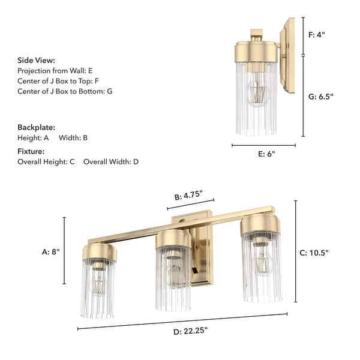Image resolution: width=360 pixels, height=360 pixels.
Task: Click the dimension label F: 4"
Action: click(x=316, y=35)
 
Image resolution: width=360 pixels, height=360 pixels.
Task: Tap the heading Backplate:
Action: click(x=37, y=128)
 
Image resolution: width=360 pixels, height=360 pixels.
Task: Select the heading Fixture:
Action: click(x=32, y=152)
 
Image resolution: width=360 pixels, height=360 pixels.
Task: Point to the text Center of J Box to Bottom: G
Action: click(x=65, y=91)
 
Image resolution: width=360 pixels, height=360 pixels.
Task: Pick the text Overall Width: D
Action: click(x=111, y=162)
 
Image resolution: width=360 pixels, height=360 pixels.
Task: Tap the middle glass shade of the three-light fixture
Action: click(x=173, y=279)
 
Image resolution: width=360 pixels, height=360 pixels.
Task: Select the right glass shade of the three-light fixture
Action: click(x=262, y=270)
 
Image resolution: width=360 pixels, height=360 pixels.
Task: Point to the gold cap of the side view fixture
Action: click(x=255, y=50)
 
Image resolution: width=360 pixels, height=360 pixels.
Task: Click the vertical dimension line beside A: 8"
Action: click(x=64, y=251)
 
